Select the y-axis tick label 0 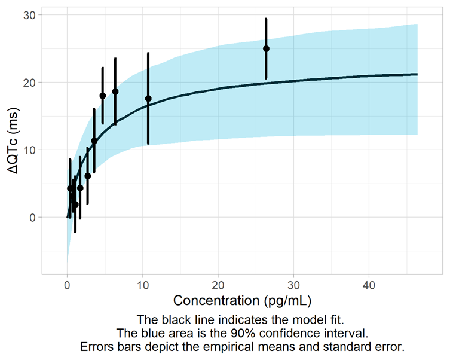[x=32, y=217]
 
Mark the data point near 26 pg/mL [x=266, y=48]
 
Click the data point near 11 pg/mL [x=148, y=98]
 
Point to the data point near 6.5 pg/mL [x=115, y=91]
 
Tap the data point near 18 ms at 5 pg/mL [x=103, y=96]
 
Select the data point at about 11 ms [x=94, y=141]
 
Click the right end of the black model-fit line [x=417, y=74]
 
